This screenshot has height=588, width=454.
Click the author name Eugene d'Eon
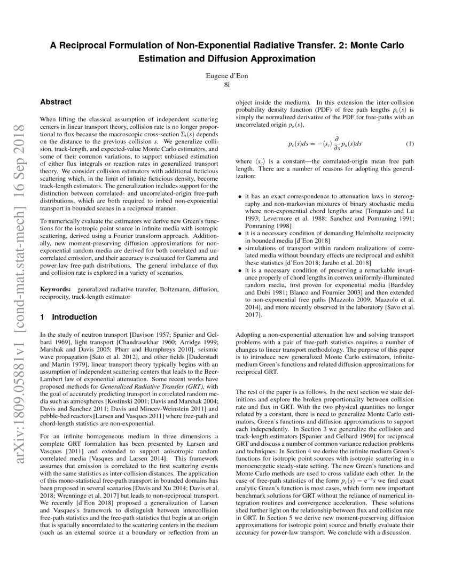227,76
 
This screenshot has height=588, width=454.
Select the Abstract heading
57,102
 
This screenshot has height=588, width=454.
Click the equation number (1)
410,144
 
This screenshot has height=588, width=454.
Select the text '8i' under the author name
227,84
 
